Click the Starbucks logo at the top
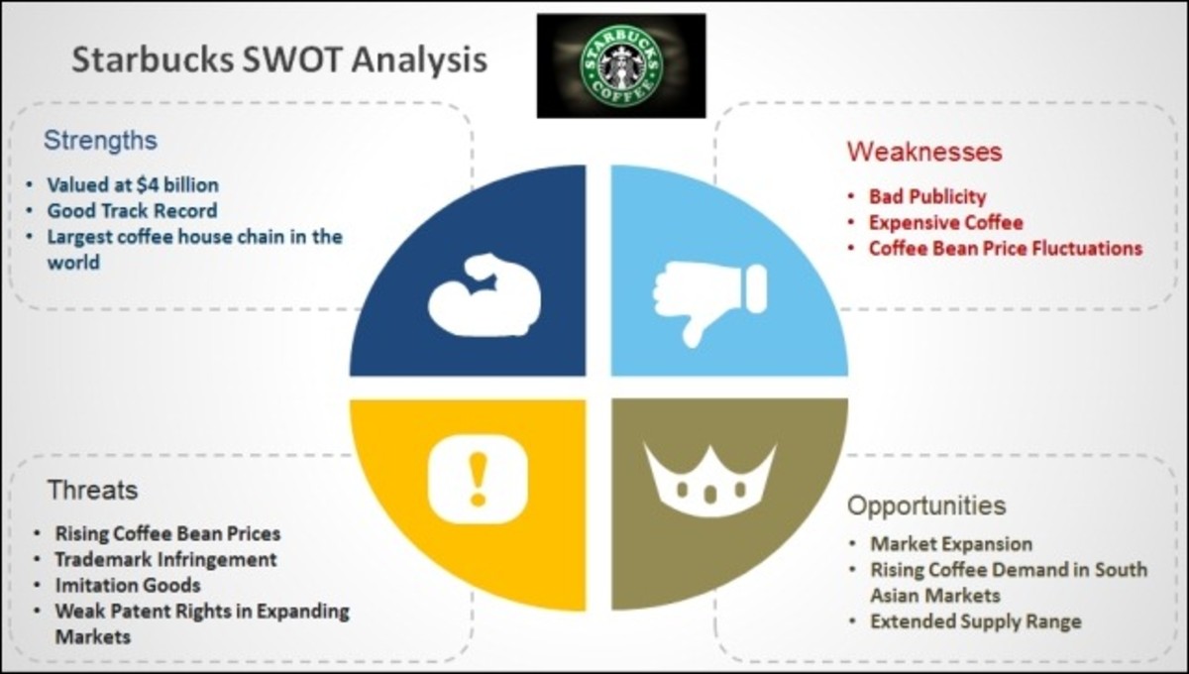pyautogui.click(x=621, y=65)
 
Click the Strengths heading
pyautogui.click(x=100, y=141)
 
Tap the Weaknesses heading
pyautogui.click(x=923, y=152)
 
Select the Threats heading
pyautogui.click(x=92, y=490)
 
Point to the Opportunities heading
pyautogui.click(x=925, y=505)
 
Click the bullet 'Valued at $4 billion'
pyautogui.click(x=133, y=185)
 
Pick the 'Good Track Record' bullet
pyautogui.click(x=132, y=211)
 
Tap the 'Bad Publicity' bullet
pyautogui.click(x=927, y=196)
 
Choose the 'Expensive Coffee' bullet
pyautogui.click(x=945, y=222)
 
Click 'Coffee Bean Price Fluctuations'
pyautogui.click(x=1005, y=248)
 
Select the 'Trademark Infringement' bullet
pyautogui.click(x=165, y=560)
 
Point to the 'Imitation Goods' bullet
pyautogui.click(x=128, y=585)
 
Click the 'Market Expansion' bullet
pyautogui.click(x=951, y=544)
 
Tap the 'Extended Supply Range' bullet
pyautogui.click(x=975, y=621)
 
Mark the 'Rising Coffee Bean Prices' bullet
pyautogui.click(x=167, y=534)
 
